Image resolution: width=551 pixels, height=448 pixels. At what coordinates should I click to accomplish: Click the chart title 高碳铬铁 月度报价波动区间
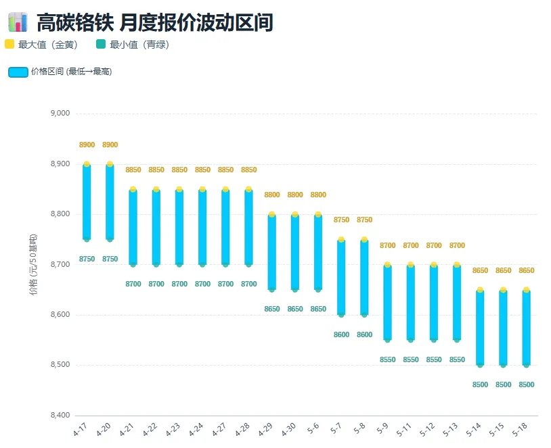click(x=155, y=22)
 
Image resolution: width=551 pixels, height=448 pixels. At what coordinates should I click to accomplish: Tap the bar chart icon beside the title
click(x=18, y=22)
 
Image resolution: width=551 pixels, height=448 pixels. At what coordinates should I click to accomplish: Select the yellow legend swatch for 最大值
click(x=9, y=44)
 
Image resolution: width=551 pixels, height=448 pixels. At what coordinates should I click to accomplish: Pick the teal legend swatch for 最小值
click(x=101, y=44)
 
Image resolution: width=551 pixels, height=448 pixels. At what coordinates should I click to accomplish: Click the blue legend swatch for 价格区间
click(x=18, y=72)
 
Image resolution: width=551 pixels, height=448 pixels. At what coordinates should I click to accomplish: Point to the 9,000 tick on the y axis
click(x=60, y=114)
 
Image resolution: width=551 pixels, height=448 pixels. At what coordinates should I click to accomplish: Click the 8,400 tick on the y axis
click(x=60, y=416)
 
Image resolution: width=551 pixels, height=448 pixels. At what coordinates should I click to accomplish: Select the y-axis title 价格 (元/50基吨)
click(x=33, y=265)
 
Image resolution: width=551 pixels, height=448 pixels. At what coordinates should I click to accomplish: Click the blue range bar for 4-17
click(x=87, y=202)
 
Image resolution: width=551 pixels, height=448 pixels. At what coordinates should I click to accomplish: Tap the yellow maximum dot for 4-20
click(x=110, y=164)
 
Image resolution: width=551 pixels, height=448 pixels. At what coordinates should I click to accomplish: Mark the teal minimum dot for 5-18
click(x=527, y=365)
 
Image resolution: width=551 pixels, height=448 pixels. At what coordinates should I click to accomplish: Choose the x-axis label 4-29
click(x=265, y=429)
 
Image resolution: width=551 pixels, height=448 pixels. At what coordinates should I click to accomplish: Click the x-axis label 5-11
click(x=404, y=429)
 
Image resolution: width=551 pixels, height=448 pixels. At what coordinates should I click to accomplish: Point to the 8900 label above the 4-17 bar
click(x=87, y=145)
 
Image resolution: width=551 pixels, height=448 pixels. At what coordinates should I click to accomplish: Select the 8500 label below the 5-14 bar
click(x=480, y=385)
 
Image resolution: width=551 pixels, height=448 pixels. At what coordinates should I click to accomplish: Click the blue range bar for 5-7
click(x=341, y=277)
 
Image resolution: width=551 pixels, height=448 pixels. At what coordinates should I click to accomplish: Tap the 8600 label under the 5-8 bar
click(x=364, y=334)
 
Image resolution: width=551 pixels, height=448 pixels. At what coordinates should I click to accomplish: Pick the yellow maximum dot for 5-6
click(x=318, y=214)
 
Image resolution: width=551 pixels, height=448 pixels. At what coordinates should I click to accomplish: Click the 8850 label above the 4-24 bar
click(x=202, y=170)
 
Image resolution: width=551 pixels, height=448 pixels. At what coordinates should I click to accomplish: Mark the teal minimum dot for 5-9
click(x=388, y=340)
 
